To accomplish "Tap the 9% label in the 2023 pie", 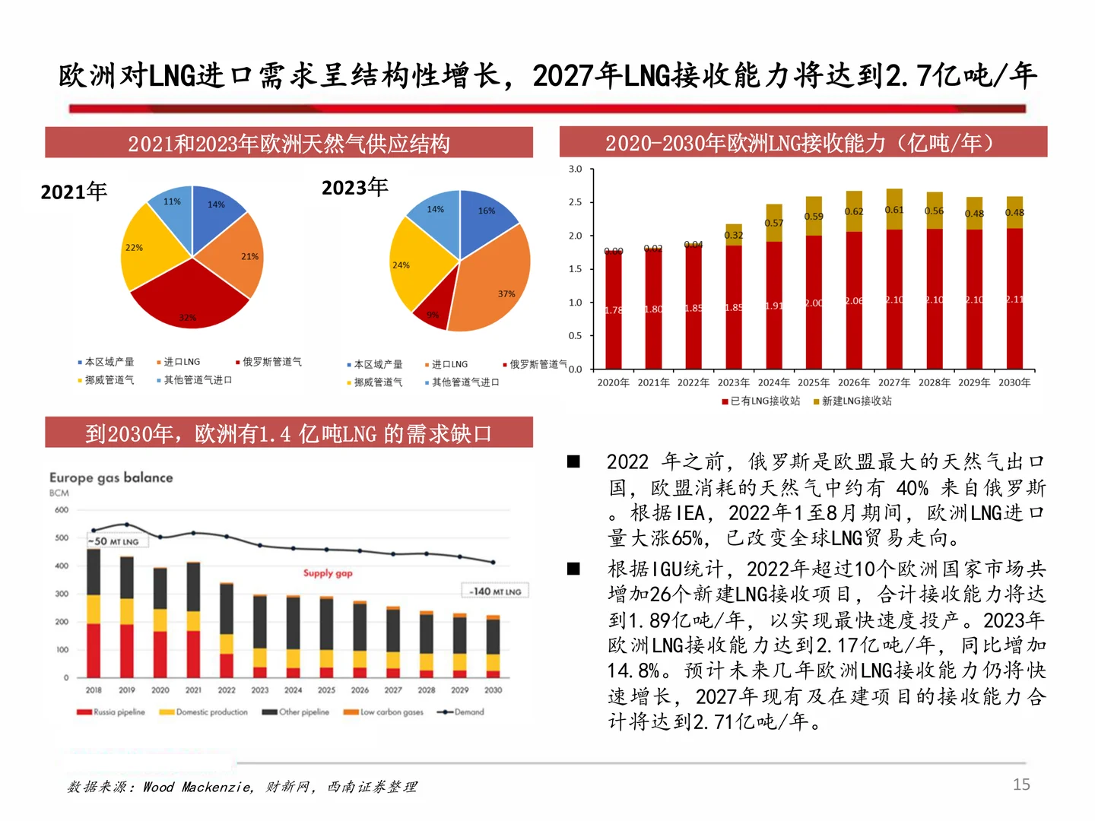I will pyautogui.click(x=433, y=315).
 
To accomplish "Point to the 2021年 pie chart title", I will pyautogui.click(x=74, y=192).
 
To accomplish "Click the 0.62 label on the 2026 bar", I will pyautogui.click(x=854, y=211).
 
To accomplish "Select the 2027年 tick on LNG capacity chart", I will pyautogui.click(x=894, y=382).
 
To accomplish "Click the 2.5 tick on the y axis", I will pyautogui.click(x=575, y=202).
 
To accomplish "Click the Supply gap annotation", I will pyautogui.click(x=328, y=573).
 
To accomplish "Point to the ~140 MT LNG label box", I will pyautogui.click(x=495, y=591).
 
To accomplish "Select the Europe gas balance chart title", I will pyautogui.click(x=111, y=477).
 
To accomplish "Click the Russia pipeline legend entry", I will pyautogui.click(x=111, y=712).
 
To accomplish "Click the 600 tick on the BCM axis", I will pyautogui.click(x=61, y=510).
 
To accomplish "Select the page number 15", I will pyautogui.click(x=1021, y=785).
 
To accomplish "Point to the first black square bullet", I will pyautogui.click(x=574, y=461).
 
